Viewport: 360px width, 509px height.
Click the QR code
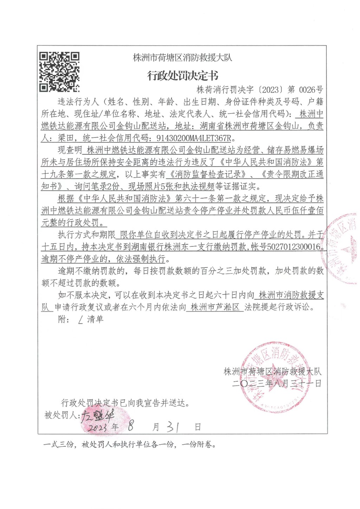(x=59, y=72)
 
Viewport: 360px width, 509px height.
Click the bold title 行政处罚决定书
(x=182, y=76)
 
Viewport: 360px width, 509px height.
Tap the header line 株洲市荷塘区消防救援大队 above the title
(x=182, y=57)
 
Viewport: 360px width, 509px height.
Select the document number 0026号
(x=311, y=90)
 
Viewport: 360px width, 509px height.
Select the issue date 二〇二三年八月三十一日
(x=277, y=384)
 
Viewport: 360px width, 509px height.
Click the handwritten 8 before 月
(x=131, y=426)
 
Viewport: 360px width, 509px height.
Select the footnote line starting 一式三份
(x=129, y=445)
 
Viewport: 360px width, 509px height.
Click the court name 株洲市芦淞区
(x=214, y=307)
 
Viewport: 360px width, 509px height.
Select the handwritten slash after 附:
(x=81, y=320)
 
